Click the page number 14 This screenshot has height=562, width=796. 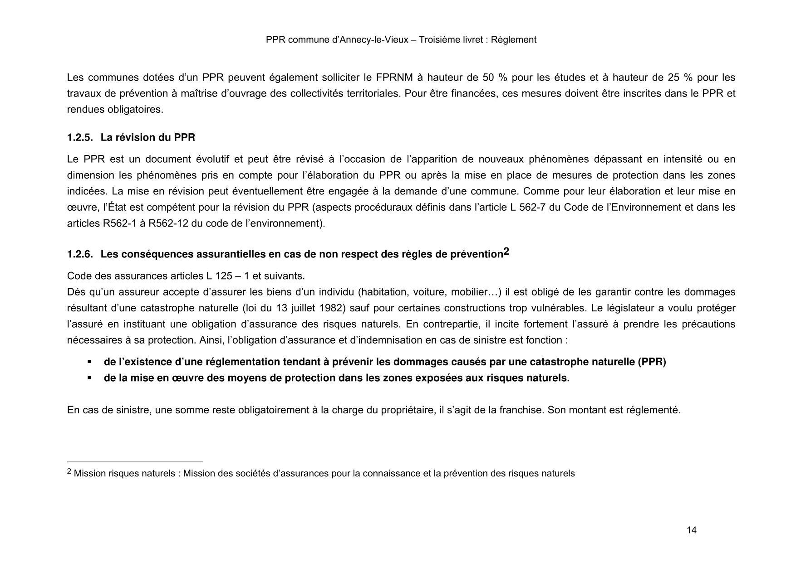(692, 530)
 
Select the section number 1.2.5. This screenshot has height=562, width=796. (80, 137)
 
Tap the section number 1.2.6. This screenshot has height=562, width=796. (80, 254)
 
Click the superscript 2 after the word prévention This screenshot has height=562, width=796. (506, 252)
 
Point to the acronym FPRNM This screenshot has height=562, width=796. (394, 78)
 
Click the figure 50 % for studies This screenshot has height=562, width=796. (488, 78)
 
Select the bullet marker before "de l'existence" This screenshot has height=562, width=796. (89, 362)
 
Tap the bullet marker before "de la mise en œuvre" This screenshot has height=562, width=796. (89, 378)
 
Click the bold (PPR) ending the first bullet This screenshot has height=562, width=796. (652, 362)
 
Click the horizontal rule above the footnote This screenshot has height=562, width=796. (135, 462)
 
